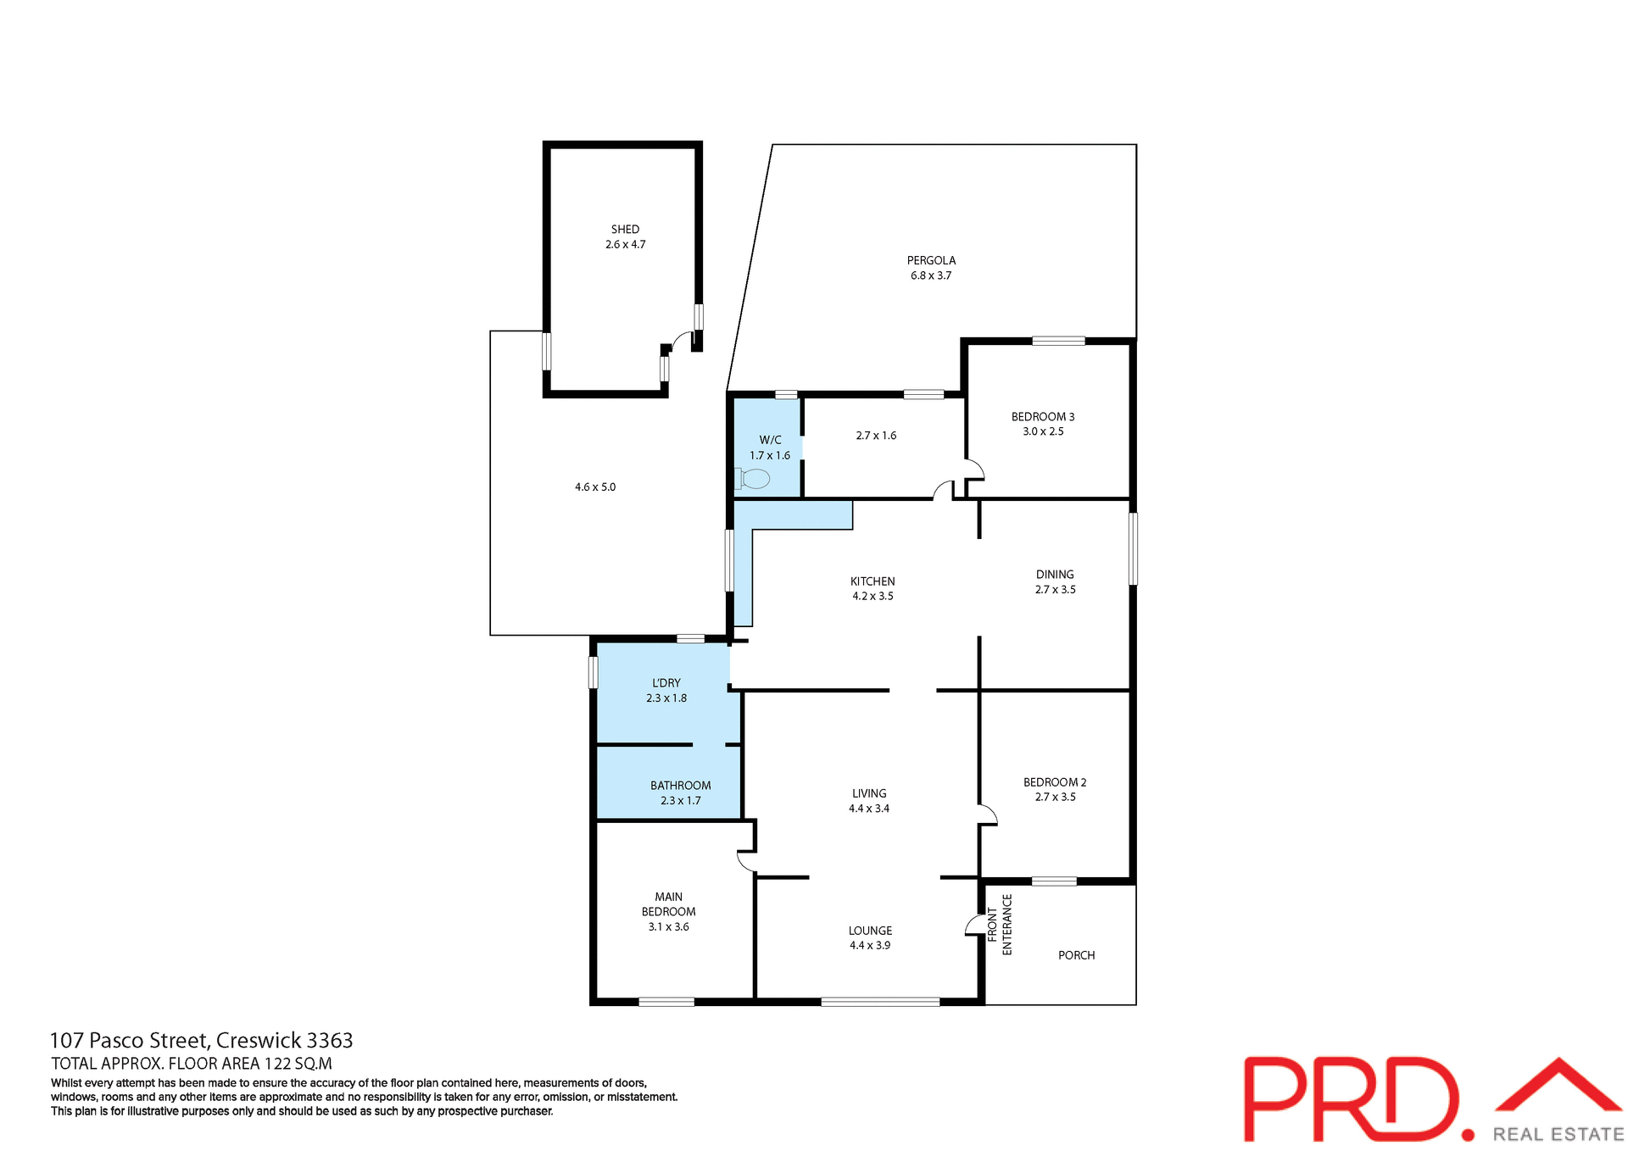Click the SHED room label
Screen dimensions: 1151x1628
tap(625, 230)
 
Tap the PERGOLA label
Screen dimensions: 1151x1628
tap(931, 261)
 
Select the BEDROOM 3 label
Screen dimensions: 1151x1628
tap(1042, 417)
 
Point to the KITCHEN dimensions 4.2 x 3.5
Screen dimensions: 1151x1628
tap(873, 597)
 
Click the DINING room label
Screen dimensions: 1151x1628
tap(1055, 575)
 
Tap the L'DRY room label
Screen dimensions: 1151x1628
tap(666, 683)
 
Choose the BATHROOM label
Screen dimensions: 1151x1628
tap(680, 786)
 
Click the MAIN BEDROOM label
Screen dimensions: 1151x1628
tap(668, 904)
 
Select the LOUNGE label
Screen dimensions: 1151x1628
tap(870, 931)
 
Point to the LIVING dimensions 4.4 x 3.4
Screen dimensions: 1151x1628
tap(869, 809)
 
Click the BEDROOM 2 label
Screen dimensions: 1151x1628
tap(1054, 782)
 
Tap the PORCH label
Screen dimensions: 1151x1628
tap(1076, 955)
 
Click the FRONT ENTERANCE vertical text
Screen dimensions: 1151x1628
tap(1000, 925)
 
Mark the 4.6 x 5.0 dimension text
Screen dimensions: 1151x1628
tap(595, 487)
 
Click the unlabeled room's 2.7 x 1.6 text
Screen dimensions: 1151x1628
tap(876, 436)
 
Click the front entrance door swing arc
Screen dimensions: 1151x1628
tap(973, 925)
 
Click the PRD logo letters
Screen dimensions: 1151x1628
tap(1348, 1098)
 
